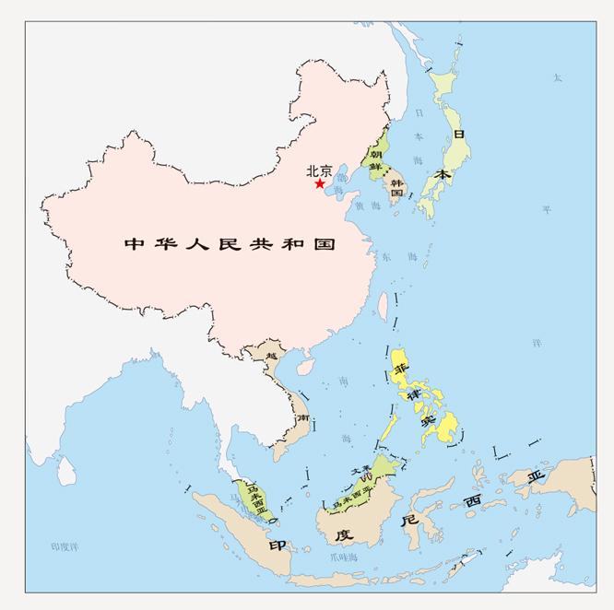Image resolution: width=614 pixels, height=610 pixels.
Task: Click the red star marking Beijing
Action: point(319,183)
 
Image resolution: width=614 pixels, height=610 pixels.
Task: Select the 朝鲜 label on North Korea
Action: point(376,162)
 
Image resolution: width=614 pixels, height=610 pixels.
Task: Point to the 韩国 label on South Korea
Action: point(397,188)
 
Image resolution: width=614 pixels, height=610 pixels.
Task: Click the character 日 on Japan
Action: point(458,134)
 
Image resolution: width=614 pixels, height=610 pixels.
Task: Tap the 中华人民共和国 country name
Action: point(230,245)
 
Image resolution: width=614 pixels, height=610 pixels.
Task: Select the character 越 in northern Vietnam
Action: point(270,355)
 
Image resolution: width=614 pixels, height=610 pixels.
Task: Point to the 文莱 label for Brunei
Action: point(360,471)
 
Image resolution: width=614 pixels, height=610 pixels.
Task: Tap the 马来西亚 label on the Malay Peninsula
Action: point(251,499)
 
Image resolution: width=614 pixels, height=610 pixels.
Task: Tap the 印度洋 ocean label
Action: point(65,547)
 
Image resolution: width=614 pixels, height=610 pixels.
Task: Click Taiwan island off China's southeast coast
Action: point(383,305)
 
